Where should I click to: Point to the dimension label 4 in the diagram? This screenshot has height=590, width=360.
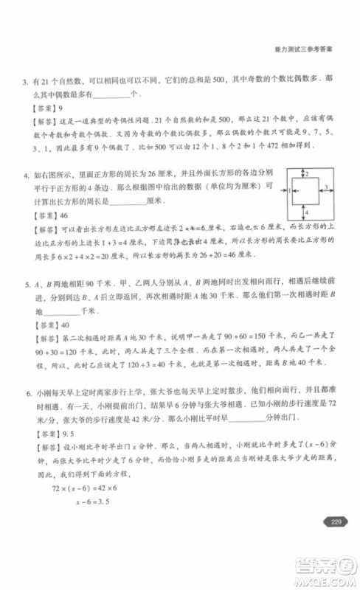306,212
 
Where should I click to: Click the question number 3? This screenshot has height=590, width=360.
25,80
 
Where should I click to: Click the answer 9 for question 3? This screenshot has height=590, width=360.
63,108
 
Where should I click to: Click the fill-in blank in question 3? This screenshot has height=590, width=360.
111,95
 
